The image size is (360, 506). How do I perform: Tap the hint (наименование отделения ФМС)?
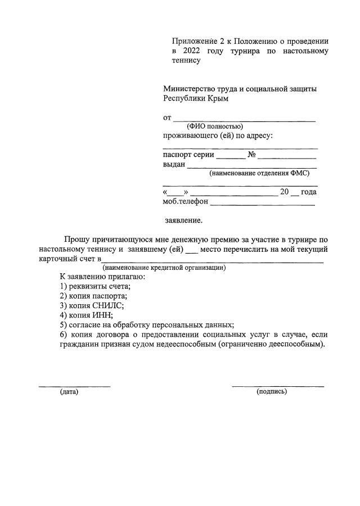click(x=259, y=173)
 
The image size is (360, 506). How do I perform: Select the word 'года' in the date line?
click(x=309, y=192)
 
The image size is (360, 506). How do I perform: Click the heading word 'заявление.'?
click(x=183, y=221)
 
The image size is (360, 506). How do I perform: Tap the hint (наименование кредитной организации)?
click(x=164, y=268)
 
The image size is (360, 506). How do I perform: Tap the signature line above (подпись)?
click(x=278, y=386)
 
